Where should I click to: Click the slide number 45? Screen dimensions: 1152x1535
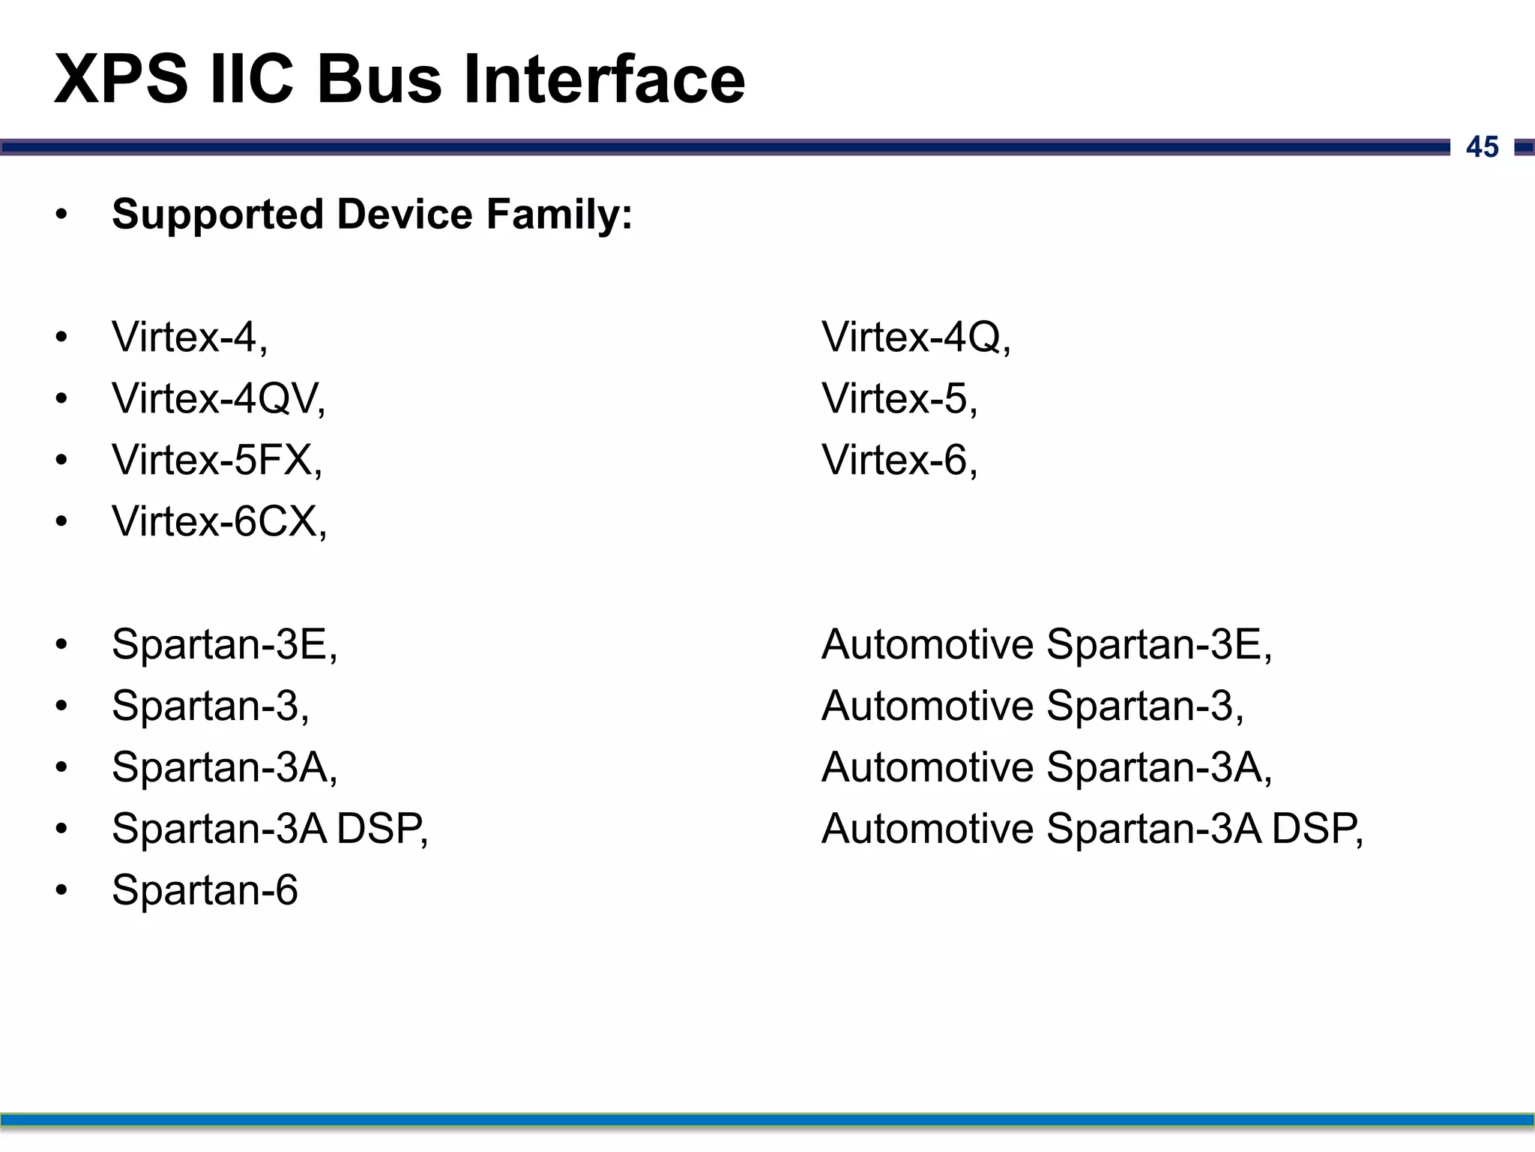1482,147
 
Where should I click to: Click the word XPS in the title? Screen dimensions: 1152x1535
121,79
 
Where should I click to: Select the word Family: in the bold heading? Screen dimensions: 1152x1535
559,214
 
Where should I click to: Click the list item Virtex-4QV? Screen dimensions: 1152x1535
218,398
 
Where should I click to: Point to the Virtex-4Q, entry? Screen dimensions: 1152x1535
916,337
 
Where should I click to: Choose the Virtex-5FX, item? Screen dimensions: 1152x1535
217,460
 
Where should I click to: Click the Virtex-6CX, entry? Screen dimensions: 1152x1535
219,521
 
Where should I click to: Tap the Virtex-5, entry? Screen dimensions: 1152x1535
899,398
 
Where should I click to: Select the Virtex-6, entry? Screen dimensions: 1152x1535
899,460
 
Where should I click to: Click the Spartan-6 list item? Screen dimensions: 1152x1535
205,890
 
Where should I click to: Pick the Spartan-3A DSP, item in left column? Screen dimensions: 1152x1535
270,829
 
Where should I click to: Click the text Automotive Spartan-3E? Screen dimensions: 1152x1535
1046,644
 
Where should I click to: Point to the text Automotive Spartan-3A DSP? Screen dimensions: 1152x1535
1092,829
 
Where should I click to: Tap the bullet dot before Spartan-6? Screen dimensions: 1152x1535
61,890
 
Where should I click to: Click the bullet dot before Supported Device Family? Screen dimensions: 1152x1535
61,215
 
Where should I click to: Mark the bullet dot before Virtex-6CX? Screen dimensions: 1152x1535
61,521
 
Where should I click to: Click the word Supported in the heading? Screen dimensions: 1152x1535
218,214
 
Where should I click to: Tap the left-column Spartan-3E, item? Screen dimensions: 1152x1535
224,644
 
